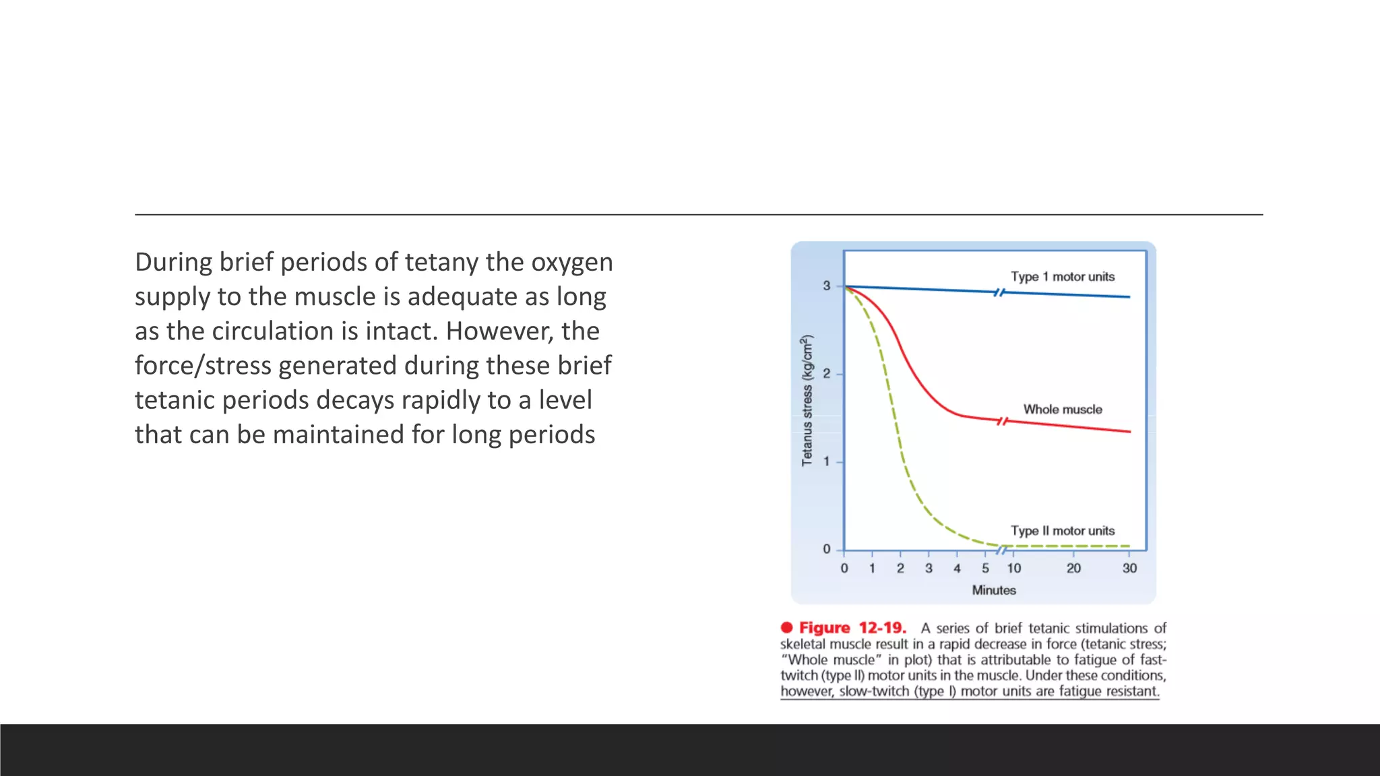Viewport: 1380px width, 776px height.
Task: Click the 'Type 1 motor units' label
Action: point(1062,276)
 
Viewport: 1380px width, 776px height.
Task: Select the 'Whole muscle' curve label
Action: point(1062,409)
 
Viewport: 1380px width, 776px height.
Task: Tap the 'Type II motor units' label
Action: point(1062,530)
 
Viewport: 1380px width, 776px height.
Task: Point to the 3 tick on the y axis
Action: point(827,286)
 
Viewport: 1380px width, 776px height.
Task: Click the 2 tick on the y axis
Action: point(827,374)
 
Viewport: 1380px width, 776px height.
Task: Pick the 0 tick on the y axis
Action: point(827,549)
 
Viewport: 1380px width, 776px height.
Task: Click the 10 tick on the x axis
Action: point(1013,568)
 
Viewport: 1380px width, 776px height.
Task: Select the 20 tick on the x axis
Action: point(1073,568)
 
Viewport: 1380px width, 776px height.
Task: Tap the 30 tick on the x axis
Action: point(1129,568)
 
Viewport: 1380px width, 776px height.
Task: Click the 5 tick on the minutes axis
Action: point(985,568)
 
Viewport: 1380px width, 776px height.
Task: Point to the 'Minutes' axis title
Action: point(993,590)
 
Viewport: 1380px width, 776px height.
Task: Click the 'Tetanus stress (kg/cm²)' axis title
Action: point(807,400)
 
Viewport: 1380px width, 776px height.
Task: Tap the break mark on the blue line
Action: point(1000,292)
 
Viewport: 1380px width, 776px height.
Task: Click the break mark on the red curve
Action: point(1003,421)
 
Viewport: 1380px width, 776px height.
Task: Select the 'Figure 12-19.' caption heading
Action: point(852,628)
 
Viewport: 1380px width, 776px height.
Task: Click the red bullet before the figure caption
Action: point(786,627)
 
